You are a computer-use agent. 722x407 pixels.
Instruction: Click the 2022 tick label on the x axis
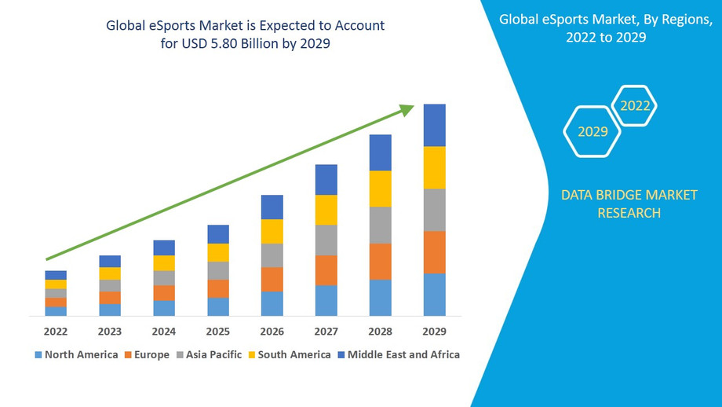(x=56, y=331)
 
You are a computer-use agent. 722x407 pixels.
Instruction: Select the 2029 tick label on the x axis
(x=434, y=331)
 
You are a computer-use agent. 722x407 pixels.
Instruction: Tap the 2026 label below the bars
(x=272, y=331)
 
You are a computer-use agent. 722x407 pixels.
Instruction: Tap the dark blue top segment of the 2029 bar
(x=434, y=125)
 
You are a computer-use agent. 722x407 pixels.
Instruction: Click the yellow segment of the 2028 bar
(x=380, y=189)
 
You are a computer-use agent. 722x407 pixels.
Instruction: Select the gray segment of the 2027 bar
(x=326, y=240)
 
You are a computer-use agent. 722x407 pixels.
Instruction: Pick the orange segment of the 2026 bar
(x=272, y=279)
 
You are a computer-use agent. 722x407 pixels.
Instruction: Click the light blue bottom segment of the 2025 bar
(x=218, y=306)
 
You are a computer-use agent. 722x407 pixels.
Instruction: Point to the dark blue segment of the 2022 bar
(x=56, y=275)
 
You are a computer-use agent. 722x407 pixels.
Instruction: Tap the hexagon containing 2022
(x=634, y=105)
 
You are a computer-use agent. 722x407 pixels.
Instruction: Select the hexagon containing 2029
(x=593, y=131)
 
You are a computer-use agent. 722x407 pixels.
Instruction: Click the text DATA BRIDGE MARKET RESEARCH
(x=629, y=203)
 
